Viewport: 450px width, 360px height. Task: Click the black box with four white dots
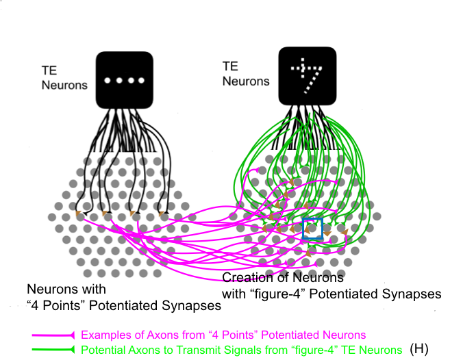[x=123, y=80]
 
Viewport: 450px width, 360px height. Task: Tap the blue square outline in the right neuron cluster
[x=312, y=229]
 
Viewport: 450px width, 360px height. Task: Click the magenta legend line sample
[x=54, y=335]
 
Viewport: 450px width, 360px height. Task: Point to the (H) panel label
[x=418, y=349]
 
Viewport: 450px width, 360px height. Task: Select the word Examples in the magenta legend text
[x=103, y=335]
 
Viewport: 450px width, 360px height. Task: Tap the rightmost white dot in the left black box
[x=140, y=81]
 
